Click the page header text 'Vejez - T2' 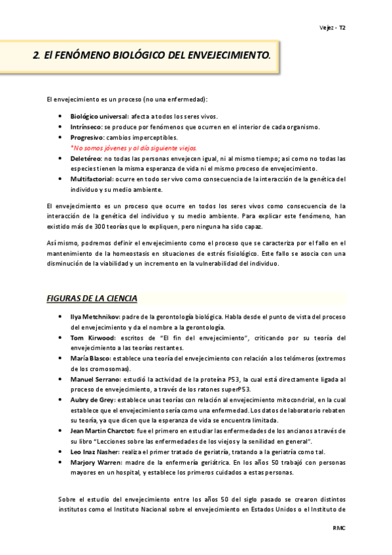tap(332, 29)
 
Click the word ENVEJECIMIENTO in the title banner tap(226, 56)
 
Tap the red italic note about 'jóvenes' tap(134, 148)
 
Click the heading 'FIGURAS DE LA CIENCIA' tap(92, 298)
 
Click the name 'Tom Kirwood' tap(92, 338)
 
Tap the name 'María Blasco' tap(90, 359)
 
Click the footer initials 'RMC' tap(338, 527)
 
